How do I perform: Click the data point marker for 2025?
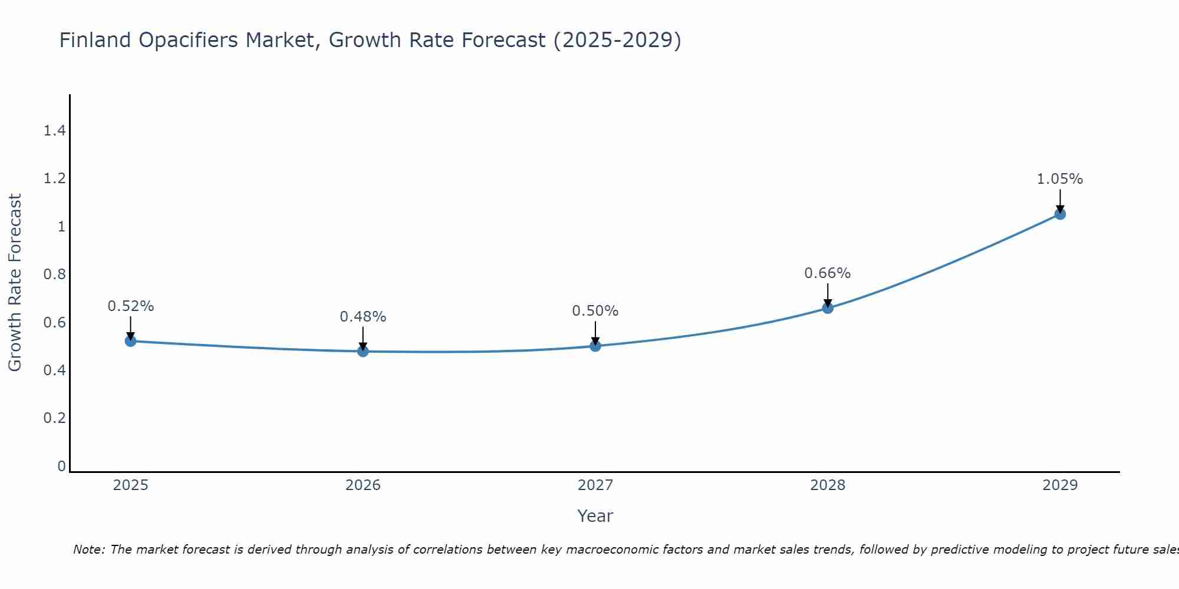(131, 341)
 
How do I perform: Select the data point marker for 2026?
(363, 351)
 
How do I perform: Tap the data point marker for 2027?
(595, 346)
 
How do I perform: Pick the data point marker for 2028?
(828, 308)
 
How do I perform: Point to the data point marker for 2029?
(1060, 214)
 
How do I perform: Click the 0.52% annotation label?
(131, 306)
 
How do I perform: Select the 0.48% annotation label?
(363, 317)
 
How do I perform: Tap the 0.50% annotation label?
(595, 311)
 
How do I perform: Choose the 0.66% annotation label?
(828, 273)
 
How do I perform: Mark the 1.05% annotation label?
(1060, 179)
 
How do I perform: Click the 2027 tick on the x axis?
(595, 485)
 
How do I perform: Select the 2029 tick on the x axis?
(1060, 485)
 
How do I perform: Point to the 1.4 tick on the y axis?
(55, 131)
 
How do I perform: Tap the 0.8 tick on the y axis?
(55, 274)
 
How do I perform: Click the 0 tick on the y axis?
(61, 466)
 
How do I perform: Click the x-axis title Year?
(595, 516)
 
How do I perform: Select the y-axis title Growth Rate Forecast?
(15, 283)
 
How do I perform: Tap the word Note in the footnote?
(88, 550)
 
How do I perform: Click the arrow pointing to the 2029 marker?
(1060, 200)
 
